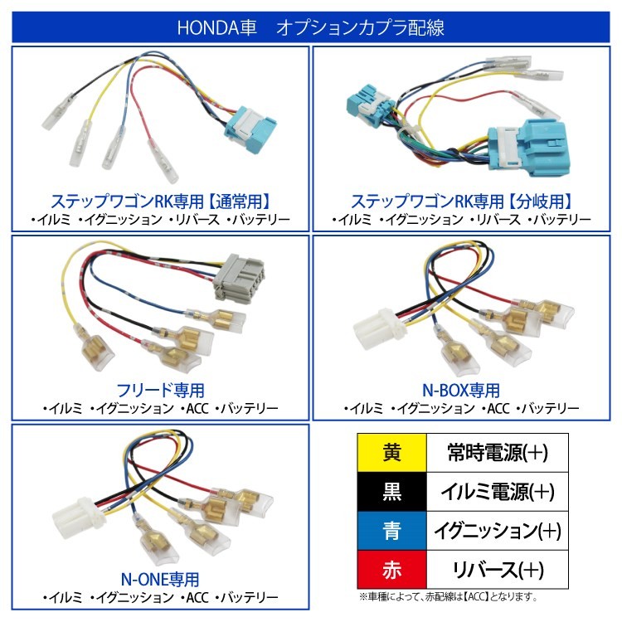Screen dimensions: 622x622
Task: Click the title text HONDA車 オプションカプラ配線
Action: pos(310,27)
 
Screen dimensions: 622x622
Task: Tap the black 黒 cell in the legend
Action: pos(391,493)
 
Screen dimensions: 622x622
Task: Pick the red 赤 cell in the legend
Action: pos(391,570)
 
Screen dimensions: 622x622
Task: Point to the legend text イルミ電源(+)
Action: pos(497,493)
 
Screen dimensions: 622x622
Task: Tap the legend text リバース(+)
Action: pos(497,570)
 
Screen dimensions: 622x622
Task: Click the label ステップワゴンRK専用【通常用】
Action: pos(161,202)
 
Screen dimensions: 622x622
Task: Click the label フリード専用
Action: pos(161,390)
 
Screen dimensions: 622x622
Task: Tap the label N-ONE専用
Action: pos(161,578)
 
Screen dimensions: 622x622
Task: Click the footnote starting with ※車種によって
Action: pos(448,596)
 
